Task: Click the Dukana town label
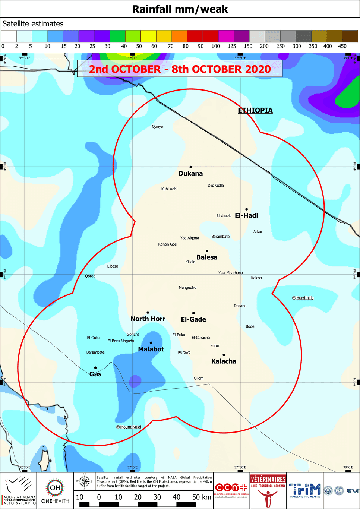click(190, 173)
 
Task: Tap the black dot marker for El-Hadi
click(246, 209)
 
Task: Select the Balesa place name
click(207, 257)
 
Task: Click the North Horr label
click(148, 319)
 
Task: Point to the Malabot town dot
click(151, 342)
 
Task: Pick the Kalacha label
click(224, 361)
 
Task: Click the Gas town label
click(95, 374)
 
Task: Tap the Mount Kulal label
click(130, 427)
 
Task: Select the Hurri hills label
click(304, 298)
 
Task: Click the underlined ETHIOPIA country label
click(255, 110)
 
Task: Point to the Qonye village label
click(157, 127)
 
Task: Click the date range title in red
click(180, 69)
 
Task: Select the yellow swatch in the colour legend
click(148, 37)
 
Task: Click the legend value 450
click(342, 46)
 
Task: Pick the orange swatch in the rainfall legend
click(179, 37)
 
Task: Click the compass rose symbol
click(85, 481)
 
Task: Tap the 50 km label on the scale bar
click(202, 497)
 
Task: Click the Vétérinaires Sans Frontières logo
click(268, 490)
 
